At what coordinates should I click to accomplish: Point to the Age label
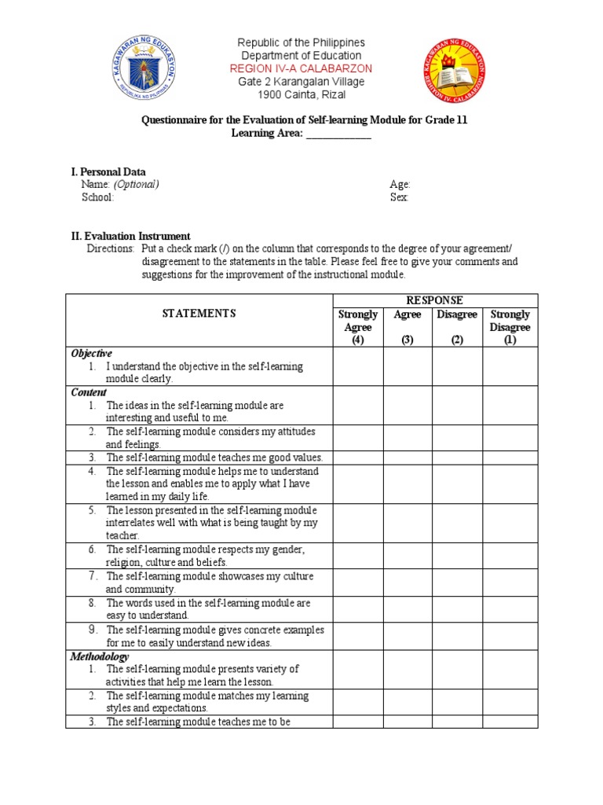(400, 185)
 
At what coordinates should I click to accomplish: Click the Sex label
(399, 198)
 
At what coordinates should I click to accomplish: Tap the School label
(97, 198)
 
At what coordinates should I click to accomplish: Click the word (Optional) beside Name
(137, 185)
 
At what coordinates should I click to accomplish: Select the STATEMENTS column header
(199, 314)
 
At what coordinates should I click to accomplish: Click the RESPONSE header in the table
(435, 300)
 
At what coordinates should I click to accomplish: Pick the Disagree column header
(457, 314)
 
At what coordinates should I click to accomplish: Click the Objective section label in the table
(92, 354)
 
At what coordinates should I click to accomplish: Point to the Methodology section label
(100, 656)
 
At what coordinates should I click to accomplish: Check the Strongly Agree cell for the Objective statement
(358, 366)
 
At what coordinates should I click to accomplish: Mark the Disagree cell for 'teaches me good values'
(457, 458)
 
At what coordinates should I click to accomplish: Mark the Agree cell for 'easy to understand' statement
(407, 609)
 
